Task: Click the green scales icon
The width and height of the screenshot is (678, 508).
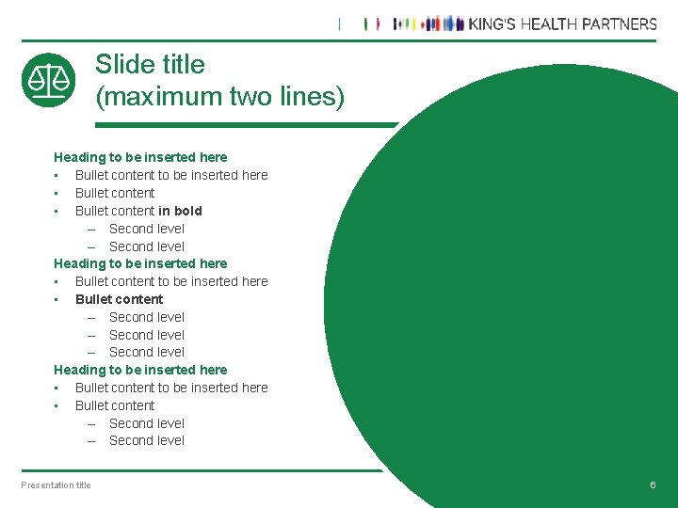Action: point(48,80)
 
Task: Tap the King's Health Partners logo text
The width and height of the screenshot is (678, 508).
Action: point(562,24)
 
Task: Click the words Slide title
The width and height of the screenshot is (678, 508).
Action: point(150,64)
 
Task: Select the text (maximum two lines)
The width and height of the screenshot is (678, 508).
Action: point(220,96)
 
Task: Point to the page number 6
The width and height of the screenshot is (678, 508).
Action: point(653,484)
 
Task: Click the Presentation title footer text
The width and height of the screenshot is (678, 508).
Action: point(56,485)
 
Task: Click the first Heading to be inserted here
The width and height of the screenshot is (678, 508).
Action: point(140,157)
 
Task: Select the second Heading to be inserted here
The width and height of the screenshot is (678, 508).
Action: point(140,263)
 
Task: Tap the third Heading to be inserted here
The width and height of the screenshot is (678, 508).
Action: point(140,370)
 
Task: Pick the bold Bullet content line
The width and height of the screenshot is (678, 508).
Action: point(119,299)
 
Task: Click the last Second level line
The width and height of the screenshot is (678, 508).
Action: point(146,440)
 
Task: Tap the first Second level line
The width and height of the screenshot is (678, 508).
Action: point(146,229)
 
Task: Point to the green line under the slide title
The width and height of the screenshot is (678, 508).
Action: point(245,124)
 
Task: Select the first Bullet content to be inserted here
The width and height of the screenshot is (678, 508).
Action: point(171,175)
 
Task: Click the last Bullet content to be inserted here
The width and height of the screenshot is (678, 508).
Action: point(171,388)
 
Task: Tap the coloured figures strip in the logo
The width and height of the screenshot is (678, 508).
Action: point(428,24)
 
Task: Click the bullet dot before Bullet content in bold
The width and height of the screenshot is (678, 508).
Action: point(57,211)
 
